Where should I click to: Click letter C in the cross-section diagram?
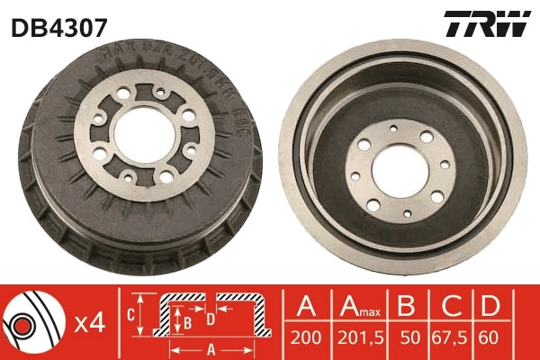pyautogui.click(x=130, y=314)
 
